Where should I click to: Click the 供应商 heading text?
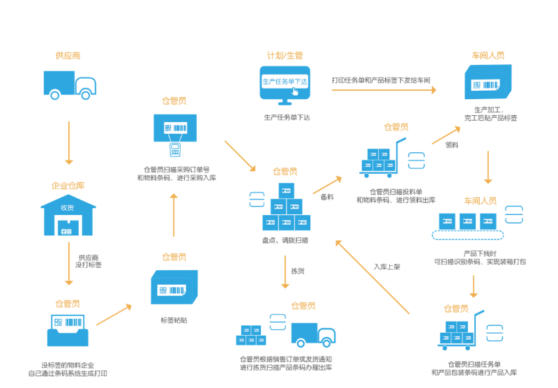click(68, 56)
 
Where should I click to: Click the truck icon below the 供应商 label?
click(69, 84)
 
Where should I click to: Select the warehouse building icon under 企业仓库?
click(68, 215)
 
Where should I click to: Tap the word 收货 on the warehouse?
click(68, 207)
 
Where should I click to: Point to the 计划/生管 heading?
click(285, 55)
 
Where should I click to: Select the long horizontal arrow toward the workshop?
click(383, 90)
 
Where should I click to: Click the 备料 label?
click(326, 197)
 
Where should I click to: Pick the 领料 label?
click(452, 145)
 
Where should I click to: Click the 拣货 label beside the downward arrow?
click(298, 271)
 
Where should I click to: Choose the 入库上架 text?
click(387, 266)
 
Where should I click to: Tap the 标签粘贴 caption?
click(174, 320)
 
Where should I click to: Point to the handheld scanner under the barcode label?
click(175, 149)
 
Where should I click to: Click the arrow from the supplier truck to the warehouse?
click(69, 142)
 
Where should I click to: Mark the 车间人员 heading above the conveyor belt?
click(481, 201)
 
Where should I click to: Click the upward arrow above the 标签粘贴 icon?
click(174, 215)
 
